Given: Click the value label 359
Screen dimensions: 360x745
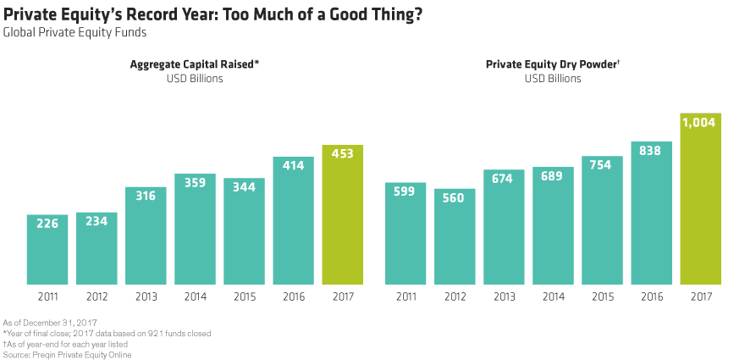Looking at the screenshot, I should coord(195,183).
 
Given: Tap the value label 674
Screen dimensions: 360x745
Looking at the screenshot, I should coord(504,179).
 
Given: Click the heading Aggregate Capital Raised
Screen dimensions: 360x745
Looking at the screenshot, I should coord(194,64).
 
